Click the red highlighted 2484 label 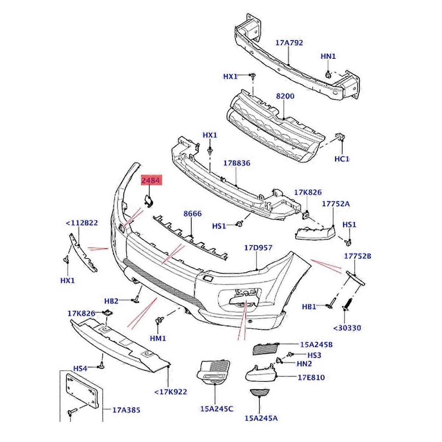151,181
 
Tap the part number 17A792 289,43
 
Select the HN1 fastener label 328,56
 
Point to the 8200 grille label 285,96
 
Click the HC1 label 342,159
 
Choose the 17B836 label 237,163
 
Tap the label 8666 192,214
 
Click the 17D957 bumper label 258,248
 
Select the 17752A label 336,204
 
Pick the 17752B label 358,256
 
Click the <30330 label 347,327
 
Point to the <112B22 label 81,222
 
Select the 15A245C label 217,408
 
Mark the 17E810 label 311,378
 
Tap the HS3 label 314,355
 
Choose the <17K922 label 170,392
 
